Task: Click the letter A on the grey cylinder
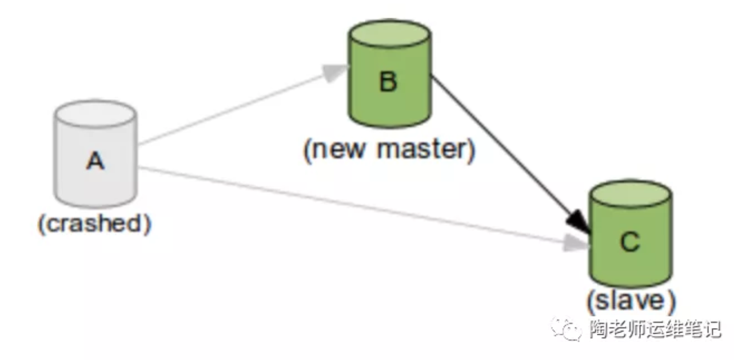pos(95,162)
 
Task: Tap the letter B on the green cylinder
pos(388,83)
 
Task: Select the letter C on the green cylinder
pos(629,243)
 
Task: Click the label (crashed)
pos(95,224)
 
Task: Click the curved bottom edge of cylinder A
pos(95,203)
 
